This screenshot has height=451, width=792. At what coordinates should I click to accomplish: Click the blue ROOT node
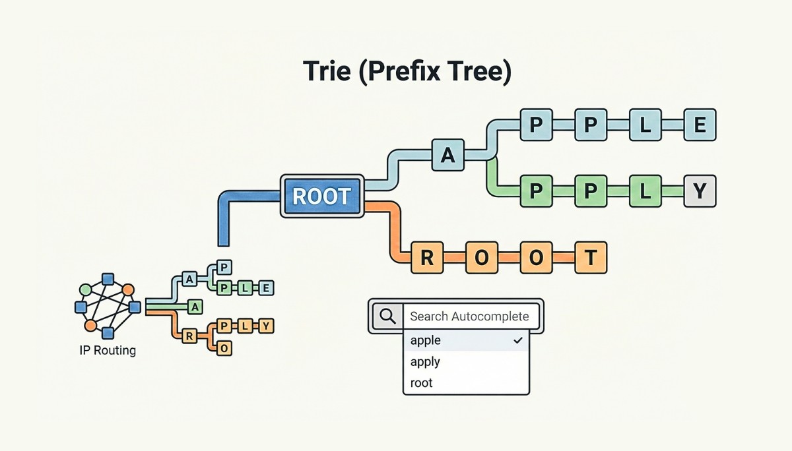(x=322, y=196)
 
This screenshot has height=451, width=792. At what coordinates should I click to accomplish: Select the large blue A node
(x=448, y=156)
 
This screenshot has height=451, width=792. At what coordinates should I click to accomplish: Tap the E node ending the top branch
(x=700, y=125)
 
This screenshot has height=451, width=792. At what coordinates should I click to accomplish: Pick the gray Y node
(x=700, y=192)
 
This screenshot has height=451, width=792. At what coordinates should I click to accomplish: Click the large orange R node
(x=427, y=258)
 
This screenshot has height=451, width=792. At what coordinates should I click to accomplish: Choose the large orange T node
(x=590, y=258)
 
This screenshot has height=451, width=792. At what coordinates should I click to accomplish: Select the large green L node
(x=645, y=192)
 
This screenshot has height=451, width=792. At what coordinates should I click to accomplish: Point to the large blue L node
(x=645, y=125)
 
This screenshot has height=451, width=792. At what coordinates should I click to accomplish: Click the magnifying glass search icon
(x=387, y=316)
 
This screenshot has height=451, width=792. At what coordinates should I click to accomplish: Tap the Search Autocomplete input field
(x=469, y=316)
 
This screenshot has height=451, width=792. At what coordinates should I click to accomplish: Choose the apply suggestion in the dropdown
(x=425, y=361)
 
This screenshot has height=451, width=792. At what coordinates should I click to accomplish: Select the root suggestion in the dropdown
(x=421, y=382)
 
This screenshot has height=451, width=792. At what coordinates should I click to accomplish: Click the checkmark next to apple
(x=517, y=340)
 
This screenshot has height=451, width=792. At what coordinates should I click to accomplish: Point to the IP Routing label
(x=107, y=351)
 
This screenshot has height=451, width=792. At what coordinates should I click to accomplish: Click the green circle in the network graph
(x=85, y=289)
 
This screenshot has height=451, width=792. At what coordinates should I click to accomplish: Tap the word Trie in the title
(x=328, y=71)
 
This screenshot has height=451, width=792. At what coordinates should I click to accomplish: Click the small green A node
(x=196, y=307)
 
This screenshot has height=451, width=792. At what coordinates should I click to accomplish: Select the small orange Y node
(x=266, y=325)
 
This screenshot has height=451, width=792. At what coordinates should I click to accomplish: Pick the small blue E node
(x=266, y=287)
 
